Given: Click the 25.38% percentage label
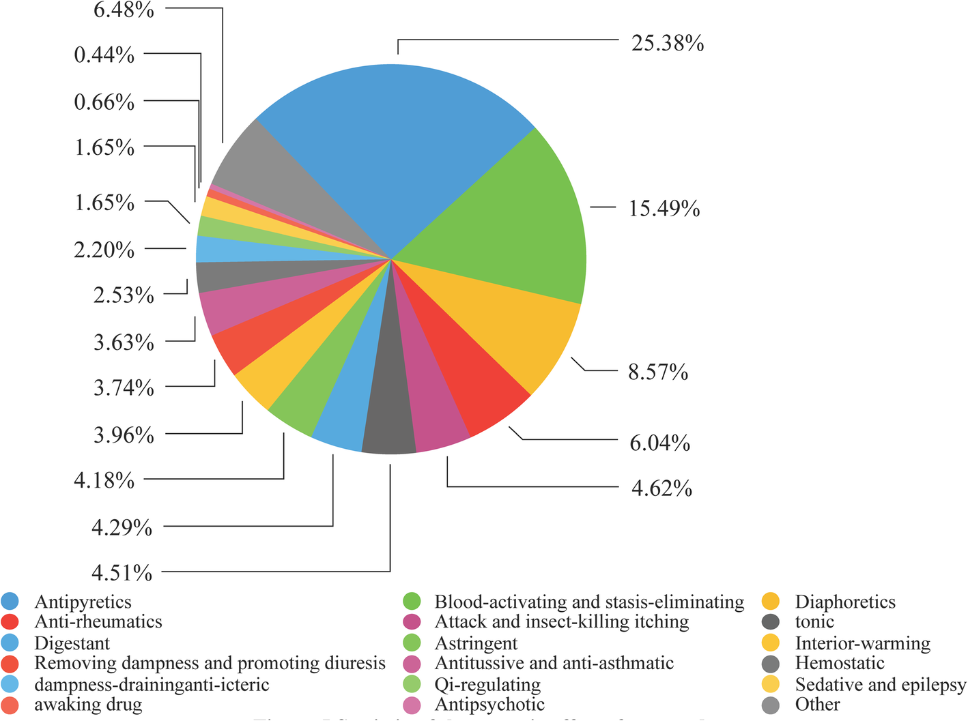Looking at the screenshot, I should (667, 44).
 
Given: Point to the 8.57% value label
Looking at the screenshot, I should (658, 372).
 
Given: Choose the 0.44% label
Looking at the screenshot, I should (104, 55).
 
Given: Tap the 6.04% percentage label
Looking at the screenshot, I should (659, 443).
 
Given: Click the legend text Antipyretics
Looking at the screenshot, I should (83, 602).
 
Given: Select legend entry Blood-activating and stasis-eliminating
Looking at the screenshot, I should (589, 602).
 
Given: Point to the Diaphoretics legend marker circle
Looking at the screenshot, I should (771, 602).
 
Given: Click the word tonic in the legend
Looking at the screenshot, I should (814, 622).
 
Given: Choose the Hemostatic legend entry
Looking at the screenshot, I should (840, 663).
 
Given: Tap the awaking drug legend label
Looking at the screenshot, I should (88, 705).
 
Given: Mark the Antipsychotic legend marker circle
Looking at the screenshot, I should (411, 705).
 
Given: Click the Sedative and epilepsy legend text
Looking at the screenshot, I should (881, 684).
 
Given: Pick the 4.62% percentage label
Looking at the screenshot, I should (661, 489).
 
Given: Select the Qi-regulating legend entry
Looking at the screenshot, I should (487, 684).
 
